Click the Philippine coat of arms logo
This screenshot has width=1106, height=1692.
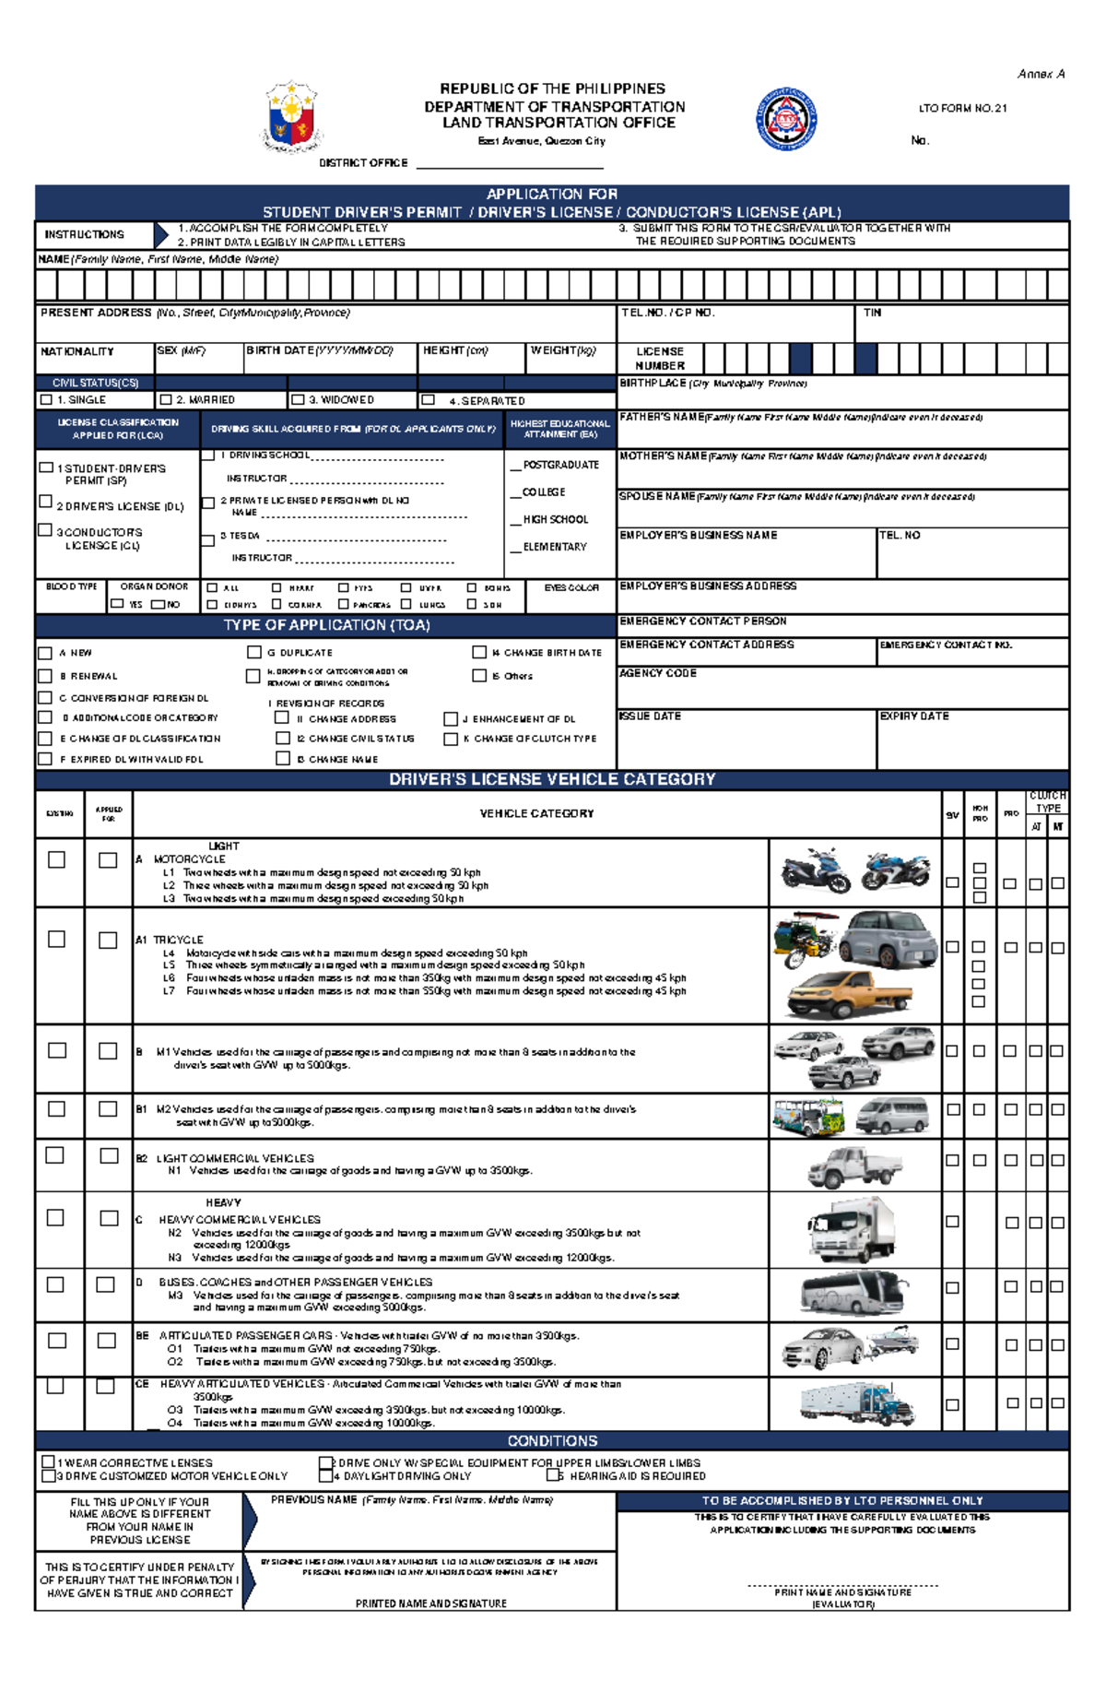point(291,117)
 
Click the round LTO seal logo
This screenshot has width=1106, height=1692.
point(786,119)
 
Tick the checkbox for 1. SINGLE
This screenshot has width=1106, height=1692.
point(46,400)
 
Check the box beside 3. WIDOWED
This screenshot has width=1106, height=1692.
point(298,400)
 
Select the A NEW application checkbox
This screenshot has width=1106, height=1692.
point(44,653)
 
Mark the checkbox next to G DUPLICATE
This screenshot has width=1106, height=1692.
point(253,652)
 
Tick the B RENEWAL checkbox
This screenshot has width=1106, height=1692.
point(44,676)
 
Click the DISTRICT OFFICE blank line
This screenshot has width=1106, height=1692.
point(510,164)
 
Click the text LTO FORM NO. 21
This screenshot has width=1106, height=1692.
point(962,108)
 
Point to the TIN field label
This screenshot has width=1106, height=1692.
point(872,313)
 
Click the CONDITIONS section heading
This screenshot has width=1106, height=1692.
point(552,1440)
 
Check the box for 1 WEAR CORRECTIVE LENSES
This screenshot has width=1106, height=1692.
point(48,1461)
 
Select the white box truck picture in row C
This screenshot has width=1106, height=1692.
point(851,1227)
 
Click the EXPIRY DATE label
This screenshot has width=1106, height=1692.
point(913,716)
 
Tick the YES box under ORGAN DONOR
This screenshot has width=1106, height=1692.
point(117,604)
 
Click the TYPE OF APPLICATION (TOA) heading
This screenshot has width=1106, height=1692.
point(326,625)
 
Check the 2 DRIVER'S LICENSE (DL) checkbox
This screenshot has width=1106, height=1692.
point(45,502)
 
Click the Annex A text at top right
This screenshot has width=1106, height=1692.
point(1041,74)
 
